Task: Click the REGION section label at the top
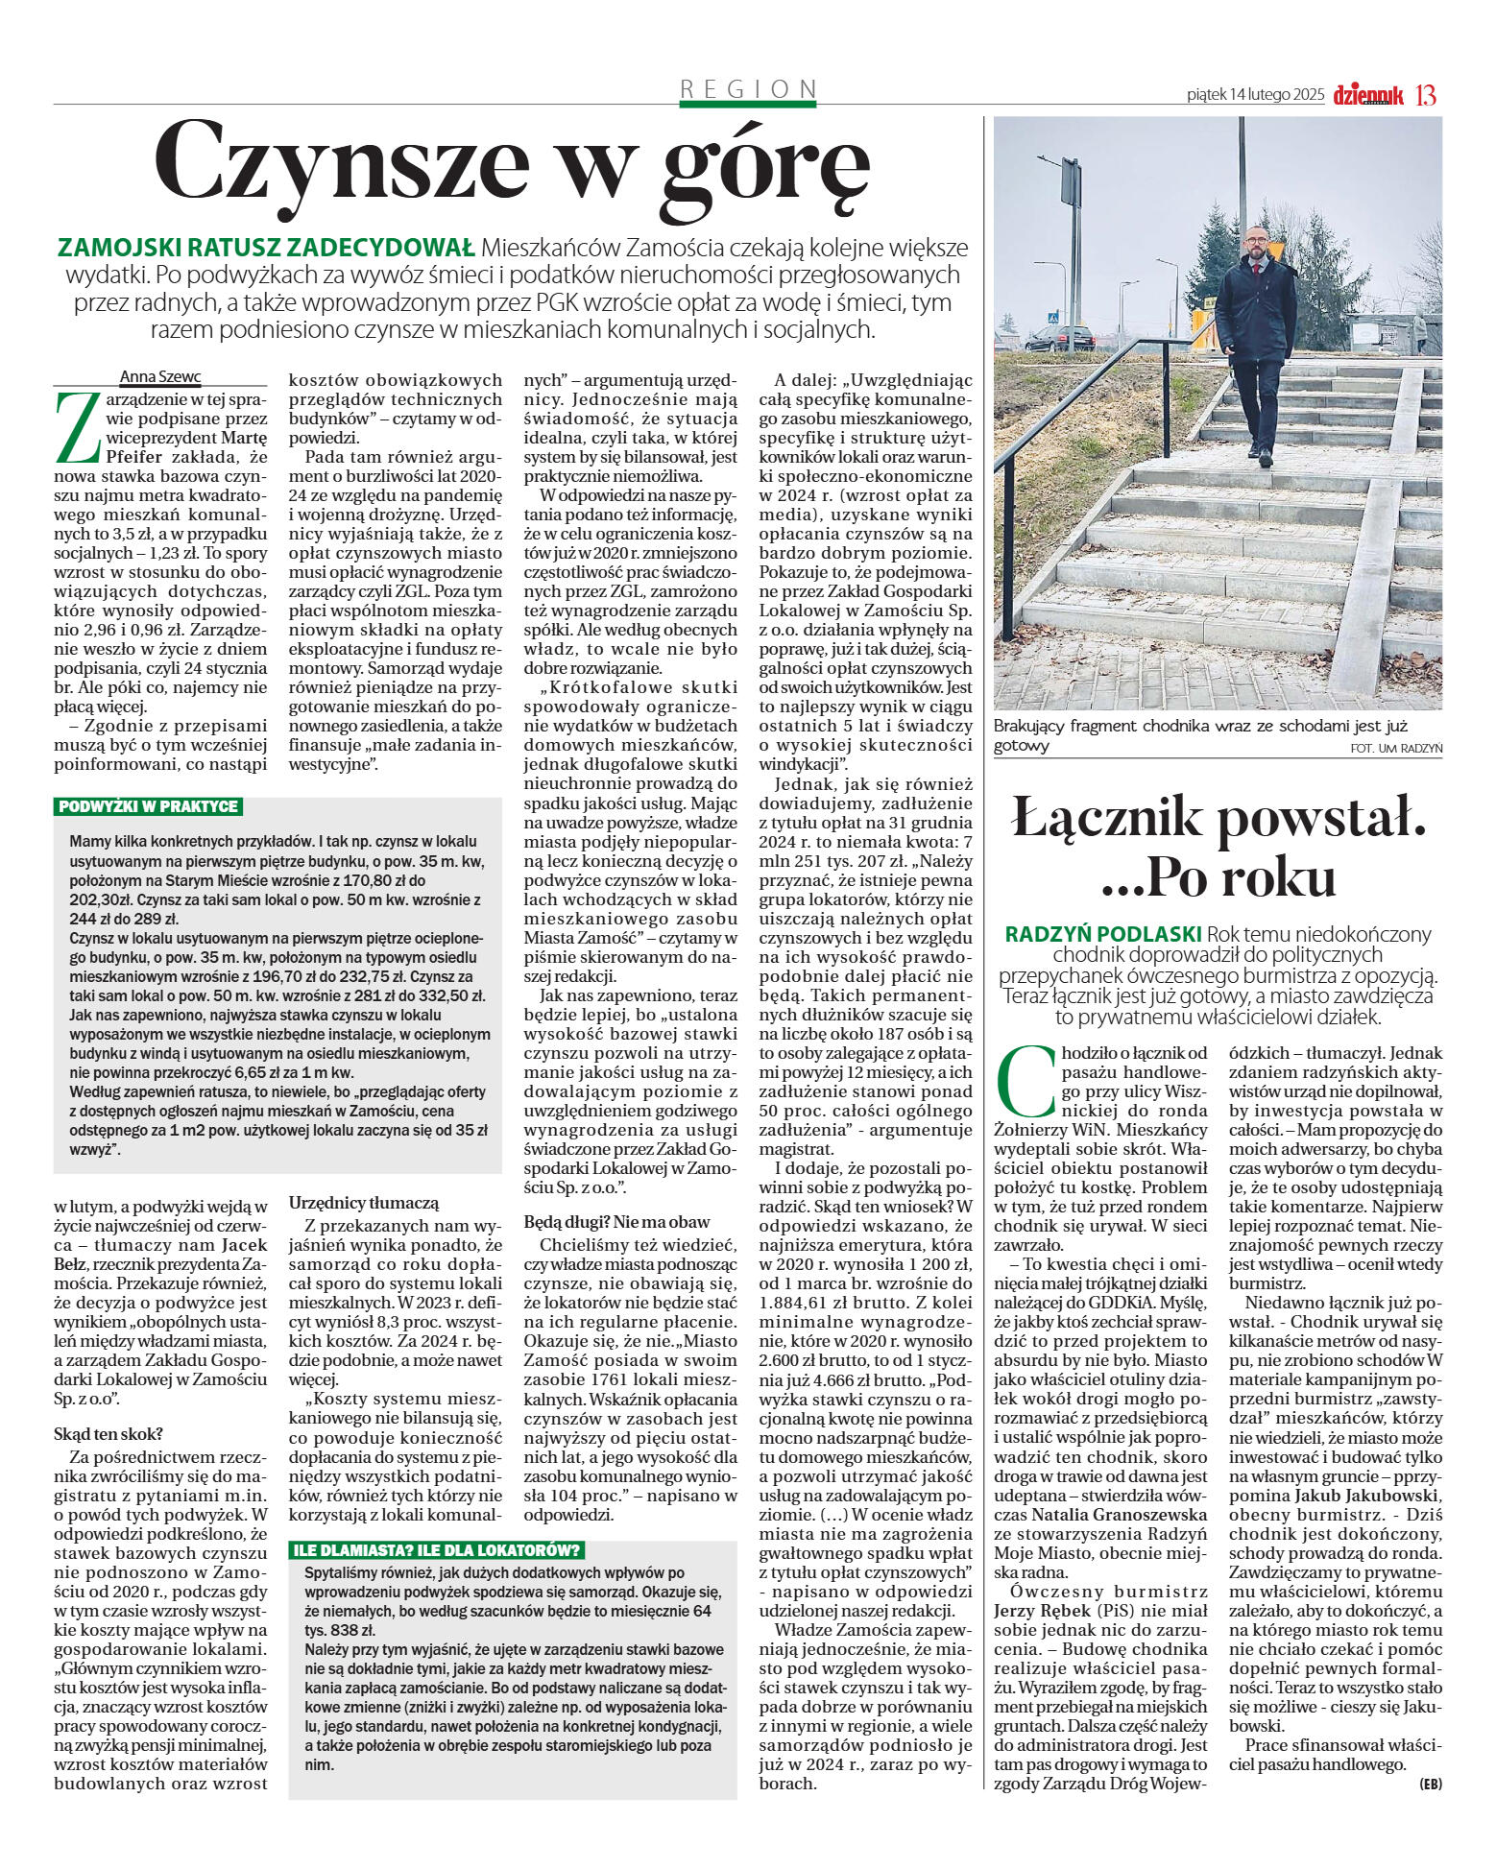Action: (748, 89)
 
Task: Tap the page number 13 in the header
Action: (1425, 95)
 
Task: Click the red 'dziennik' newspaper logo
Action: (1367, 95)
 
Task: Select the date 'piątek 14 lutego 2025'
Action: (1255, 95)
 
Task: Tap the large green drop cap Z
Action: (76, 427)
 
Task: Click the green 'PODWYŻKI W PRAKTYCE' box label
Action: (149, 806)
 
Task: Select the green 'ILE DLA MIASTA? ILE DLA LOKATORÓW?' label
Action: (437, 1550)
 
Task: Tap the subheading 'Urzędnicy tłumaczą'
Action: (364, 1202)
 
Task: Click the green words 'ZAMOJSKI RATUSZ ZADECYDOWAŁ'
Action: (267, 248)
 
